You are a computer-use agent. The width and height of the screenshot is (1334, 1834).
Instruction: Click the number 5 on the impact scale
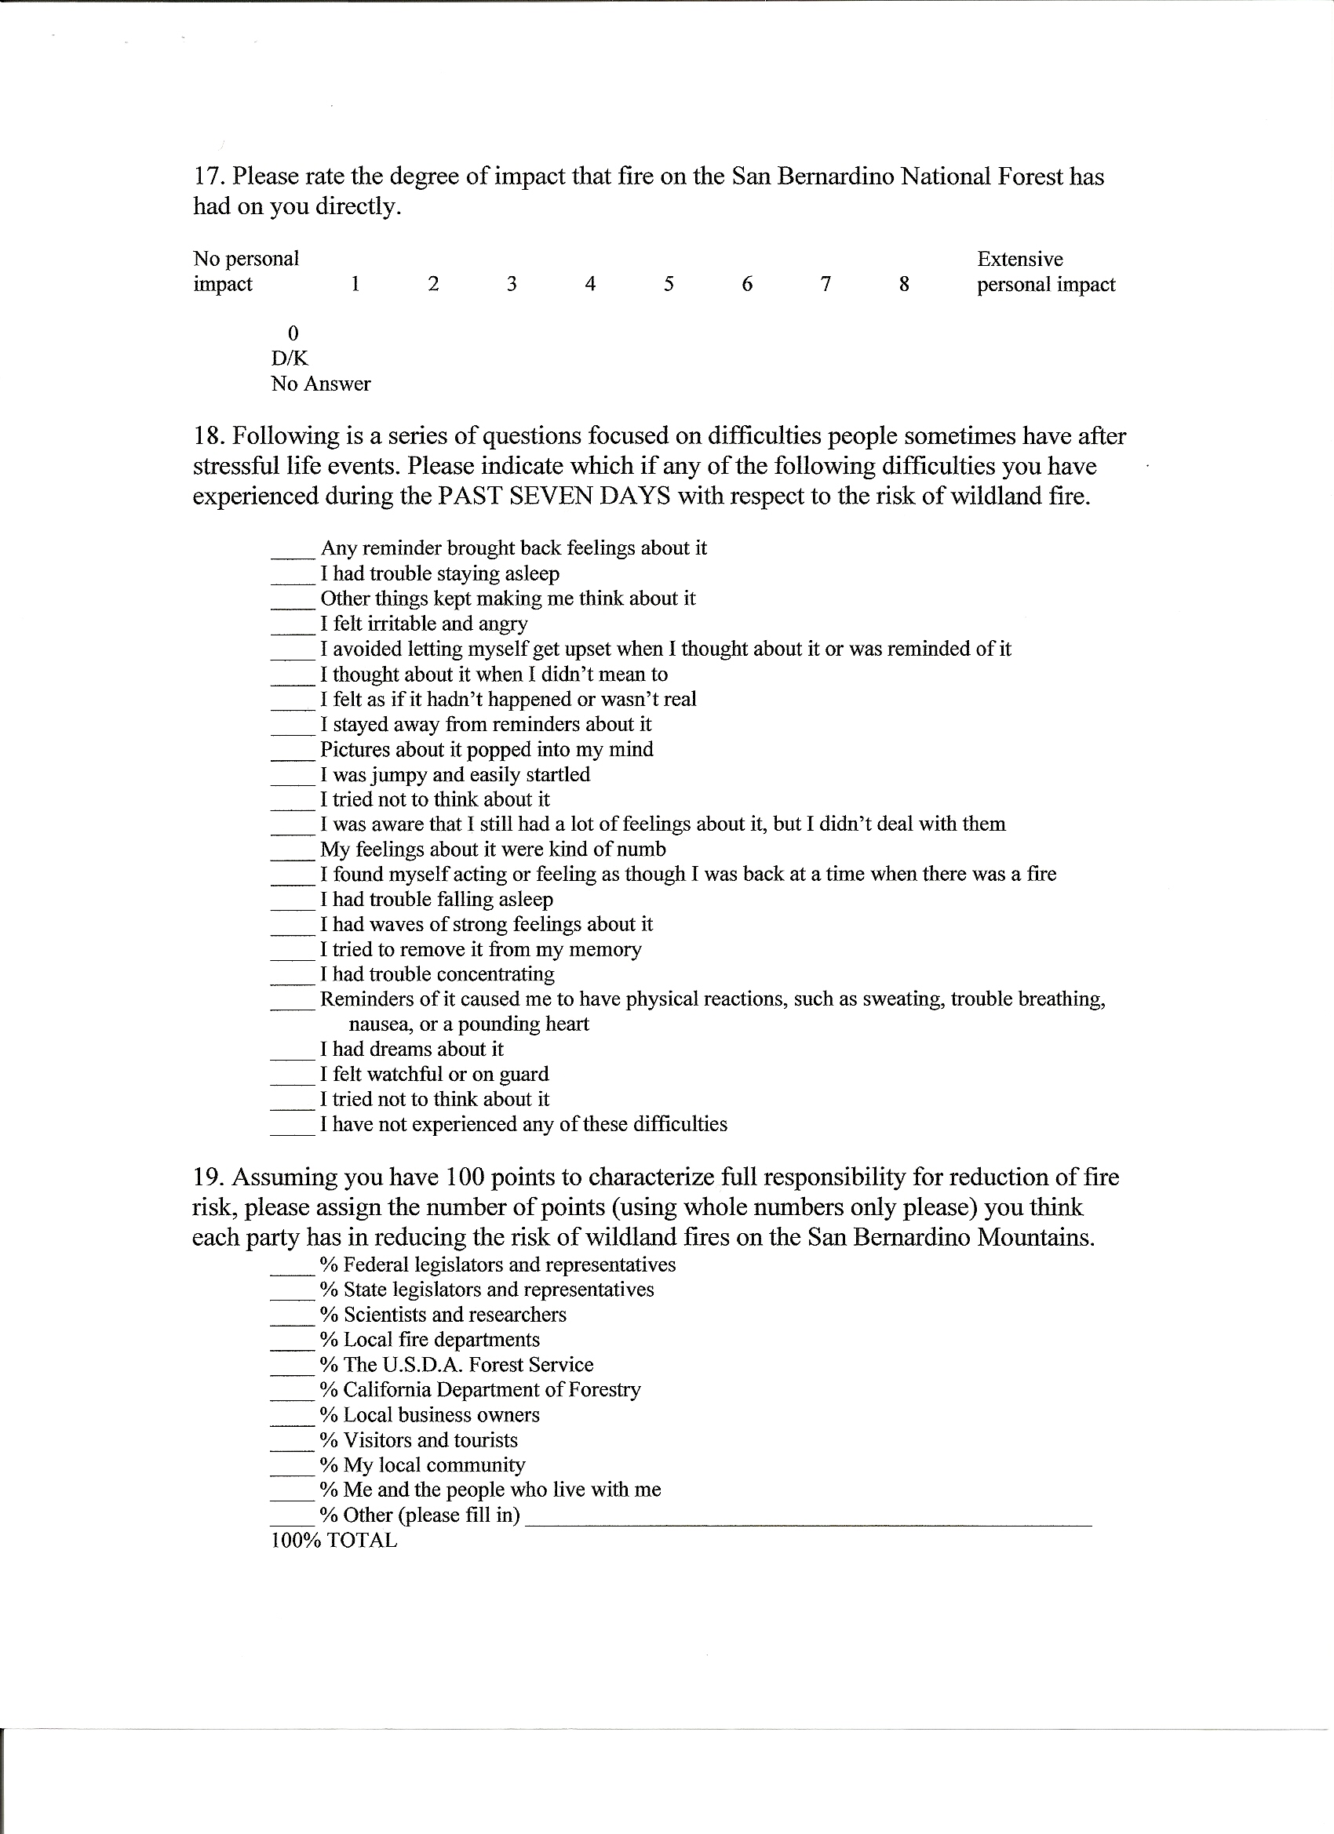coord(669,284)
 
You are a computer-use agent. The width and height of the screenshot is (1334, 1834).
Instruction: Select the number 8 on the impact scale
coord(905,284)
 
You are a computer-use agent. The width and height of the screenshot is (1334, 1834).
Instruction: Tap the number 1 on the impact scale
coord(355,284)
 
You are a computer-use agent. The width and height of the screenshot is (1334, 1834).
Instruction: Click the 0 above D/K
coord(293,333)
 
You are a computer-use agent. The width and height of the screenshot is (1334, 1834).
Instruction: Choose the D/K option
coord(290,358)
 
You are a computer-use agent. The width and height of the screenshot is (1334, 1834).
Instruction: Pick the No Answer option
coord(320,384)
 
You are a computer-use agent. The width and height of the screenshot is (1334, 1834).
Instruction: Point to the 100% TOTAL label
coord(334,1541)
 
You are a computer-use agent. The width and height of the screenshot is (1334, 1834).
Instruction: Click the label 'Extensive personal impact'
coord(1045,271)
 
